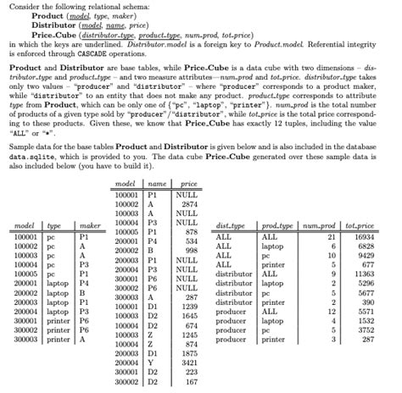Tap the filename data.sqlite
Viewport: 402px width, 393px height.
(29, 158)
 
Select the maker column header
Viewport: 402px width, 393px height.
(86, 225)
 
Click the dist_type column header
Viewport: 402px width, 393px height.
(231, 225)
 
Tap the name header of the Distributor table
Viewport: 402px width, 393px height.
(155, 183)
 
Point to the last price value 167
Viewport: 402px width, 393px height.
(191, 381)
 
